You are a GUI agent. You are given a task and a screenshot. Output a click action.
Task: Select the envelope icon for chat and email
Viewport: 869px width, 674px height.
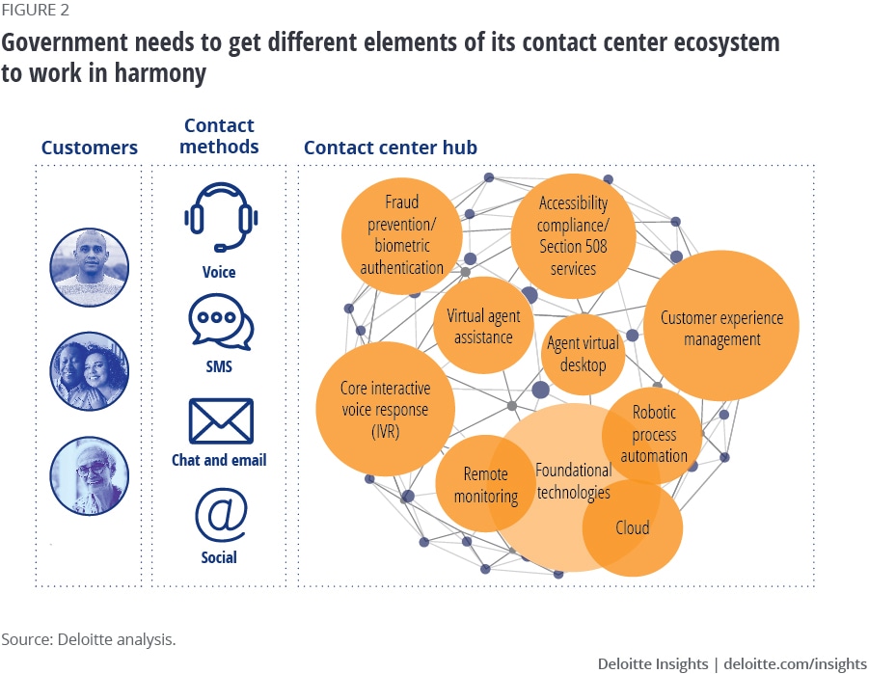click(220, 421)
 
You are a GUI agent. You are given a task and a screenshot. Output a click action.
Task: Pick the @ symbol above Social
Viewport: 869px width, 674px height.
click(220, 515)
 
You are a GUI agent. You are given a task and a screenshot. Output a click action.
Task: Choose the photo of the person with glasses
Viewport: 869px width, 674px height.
click(89, 474)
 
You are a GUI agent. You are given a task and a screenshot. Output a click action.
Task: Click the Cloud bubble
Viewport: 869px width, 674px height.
click(633, 527)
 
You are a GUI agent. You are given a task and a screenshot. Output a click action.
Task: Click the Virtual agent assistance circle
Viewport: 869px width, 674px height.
click(484, 326)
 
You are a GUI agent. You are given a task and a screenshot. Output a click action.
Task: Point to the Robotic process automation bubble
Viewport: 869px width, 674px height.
click(654, 434)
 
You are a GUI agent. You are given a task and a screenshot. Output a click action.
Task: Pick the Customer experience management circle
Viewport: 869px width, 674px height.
click(721, 328)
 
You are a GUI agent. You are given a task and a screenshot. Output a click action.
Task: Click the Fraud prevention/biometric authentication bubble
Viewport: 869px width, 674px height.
click(401, 235)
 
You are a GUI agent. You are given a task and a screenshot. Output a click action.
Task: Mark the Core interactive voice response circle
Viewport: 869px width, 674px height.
click(384, 411)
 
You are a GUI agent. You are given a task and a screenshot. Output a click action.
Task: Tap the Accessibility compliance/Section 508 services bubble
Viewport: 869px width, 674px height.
click(573, 235)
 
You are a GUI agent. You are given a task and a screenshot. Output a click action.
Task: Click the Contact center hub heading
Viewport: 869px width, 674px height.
click(391, 148)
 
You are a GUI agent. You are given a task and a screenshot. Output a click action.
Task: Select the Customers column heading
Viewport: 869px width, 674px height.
click(89, 148)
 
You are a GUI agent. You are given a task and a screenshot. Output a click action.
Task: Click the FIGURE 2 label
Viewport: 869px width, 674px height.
click(34, 12)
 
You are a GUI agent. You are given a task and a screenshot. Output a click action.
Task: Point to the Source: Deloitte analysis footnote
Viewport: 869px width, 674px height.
click(89, 639)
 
